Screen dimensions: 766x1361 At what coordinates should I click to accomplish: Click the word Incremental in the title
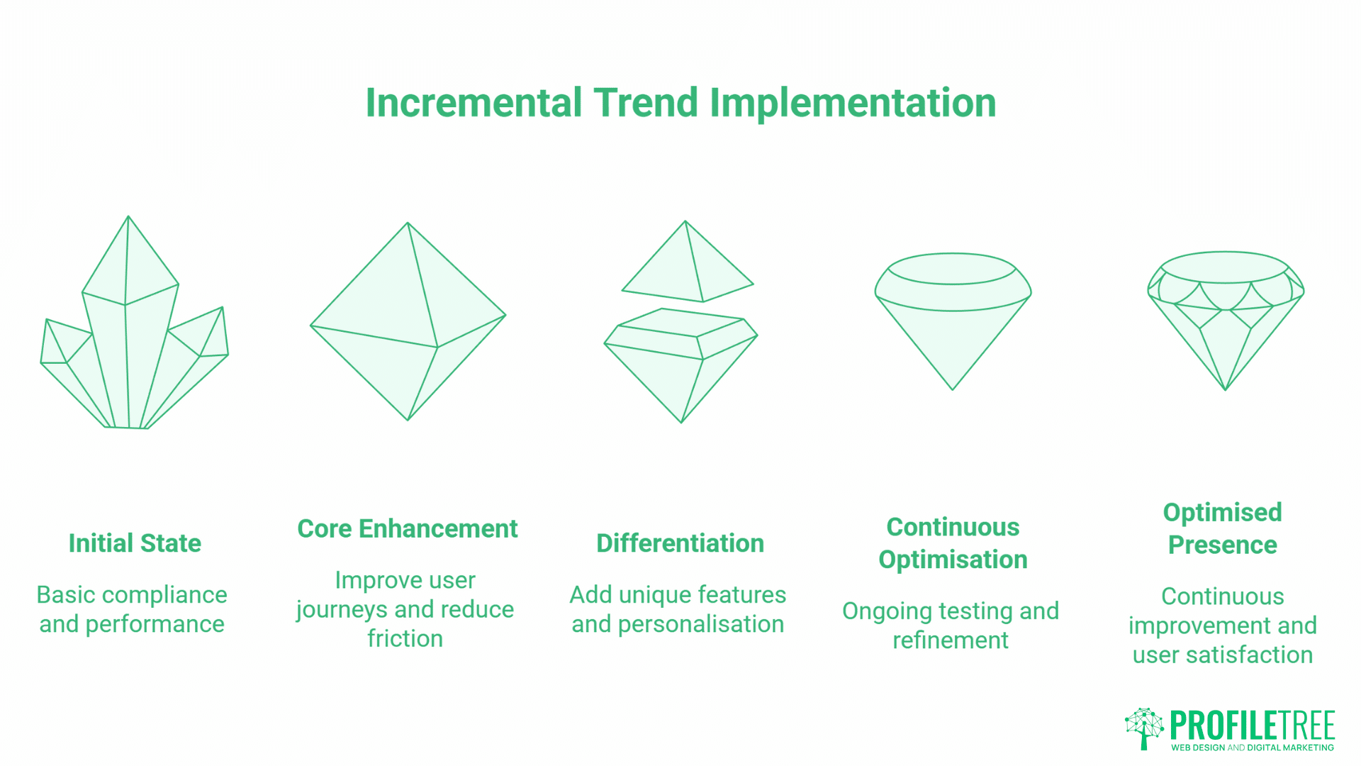pos(474,103)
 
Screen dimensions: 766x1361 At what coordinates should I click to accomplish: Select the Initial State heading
pos(135,543)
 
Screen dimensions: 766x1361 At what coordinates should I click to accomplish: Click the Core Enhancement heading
pos(408,529)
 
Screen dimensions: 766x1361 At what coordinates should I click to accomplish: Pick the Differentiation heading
pos(680,543)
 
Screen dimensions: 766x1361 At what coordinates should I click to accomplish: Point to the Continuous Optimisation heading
pos(953,543)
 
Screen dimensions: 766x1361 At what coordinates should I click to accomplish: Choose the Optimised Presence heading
pos(1222,528)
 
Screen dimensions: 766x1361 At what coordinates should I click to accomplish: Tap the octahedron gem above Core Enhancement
pos(408,323)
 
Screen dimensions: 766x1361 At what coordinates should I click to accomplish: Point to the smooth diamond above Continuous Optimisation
pos(953,319)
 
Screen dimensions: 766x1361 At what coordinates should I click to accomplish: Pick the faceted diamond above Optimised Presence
pos(1225,319)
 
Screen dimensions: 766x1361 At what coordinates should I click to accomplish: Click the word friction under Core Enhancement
pos(405,639)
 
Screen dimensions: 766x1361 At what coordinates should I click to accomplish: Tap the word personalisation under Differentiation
pos(700,624)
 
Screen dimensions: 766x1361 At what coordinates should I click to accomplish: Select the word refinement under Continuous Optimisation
pos(950,640)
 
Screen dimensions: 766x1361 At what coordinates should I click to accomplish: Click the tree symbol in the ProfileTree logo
pos(1143,728)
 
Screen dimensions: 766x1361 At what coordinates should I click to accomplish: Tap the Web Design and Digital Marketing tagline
pos(1252,748)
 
